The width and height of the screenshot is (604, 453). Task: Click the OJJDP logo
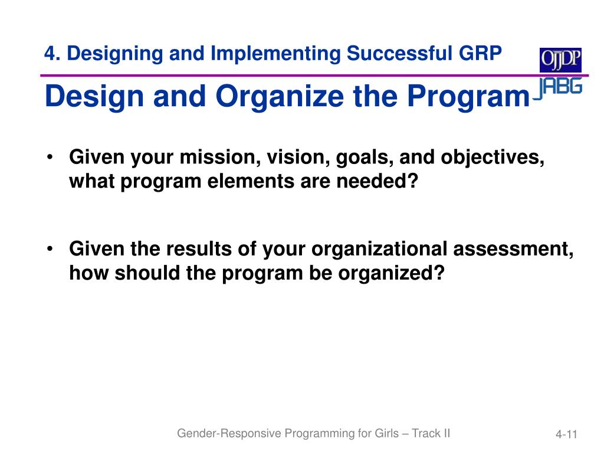tap(560, 60)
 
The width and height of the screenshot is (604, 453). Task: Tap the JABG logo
tap(558, 88)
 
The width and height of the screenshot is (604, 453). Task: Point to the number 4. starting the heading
tap(52, 53)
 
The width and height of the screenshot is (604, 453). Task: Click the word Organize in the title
tap(280, 96)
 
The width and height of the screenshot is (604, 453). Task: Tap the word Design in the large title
tap(94, 96)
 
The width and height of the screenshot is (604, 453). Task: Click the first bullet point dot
tap(50, 157)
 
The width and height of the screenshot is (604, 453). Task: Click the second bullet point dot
tap(50, 249)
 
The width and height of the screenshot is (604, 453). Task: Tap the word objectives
tap(493, 158)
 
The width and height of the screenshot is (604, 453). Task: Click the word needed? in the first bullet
tap(377, 181)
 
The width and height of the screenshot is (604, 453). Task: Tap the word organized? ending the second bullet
tap(392, 274)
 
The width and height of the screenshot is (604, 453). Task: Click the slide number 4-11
tap(566, 435)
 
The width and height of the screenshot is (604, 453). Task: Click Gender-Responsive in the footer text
tap(229, 434)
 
